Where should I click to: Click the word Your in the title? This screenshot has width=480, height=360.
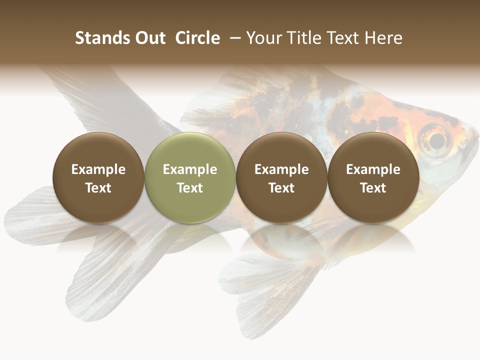264,38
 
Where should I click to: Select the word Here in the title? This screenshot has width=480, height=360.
383,38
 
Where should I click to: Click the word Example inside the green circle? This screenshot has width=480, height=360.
190,169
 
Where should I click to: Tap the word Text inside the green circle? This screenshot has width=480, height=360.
190,188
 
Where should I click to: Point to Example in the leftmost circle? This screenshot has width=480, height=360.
98,169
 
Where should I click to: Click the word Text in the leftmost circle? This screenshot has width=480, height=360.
98,188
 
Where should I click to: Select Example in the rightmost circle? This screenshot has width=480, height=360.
373,169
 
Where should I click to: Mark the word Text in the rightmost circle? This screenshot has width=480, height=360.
373,188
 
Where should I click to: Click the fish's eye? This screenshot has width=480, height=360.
435,139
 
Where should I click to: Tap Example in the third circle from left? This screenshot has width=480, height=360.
281,169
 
